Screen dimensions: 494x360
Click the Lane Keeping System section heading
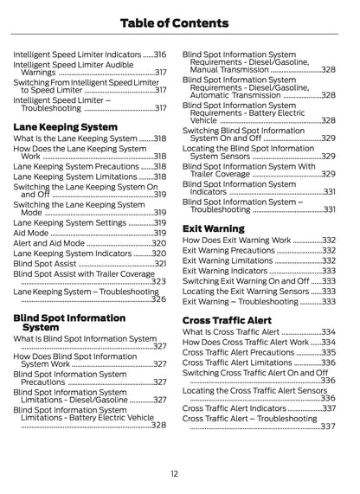(65, 126)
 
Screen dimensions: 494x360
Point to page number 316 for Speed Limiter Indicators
(160, 54)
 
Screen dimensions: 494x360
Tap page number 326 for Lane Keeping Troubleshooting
(159, 299)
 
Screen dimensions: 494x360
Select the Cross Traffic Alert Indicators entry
(235, 407)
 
